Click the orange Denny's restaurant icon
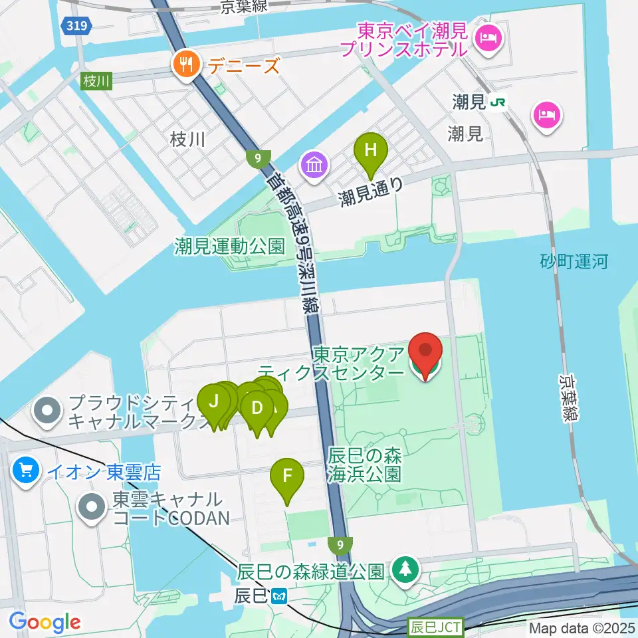(x=183, y=64)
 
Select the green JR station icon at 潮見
(x=496, y=103)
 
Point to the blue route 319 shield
(x=74, y=26)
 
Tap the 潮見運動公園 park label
(x=230, y=247)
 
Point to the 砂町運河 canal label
(x=574, y=261)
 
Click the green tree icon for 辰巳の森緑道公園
(x=404, y=570)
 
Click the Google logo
(x=45, y=622)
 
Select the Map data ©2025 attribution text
(x=582, y=627)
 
